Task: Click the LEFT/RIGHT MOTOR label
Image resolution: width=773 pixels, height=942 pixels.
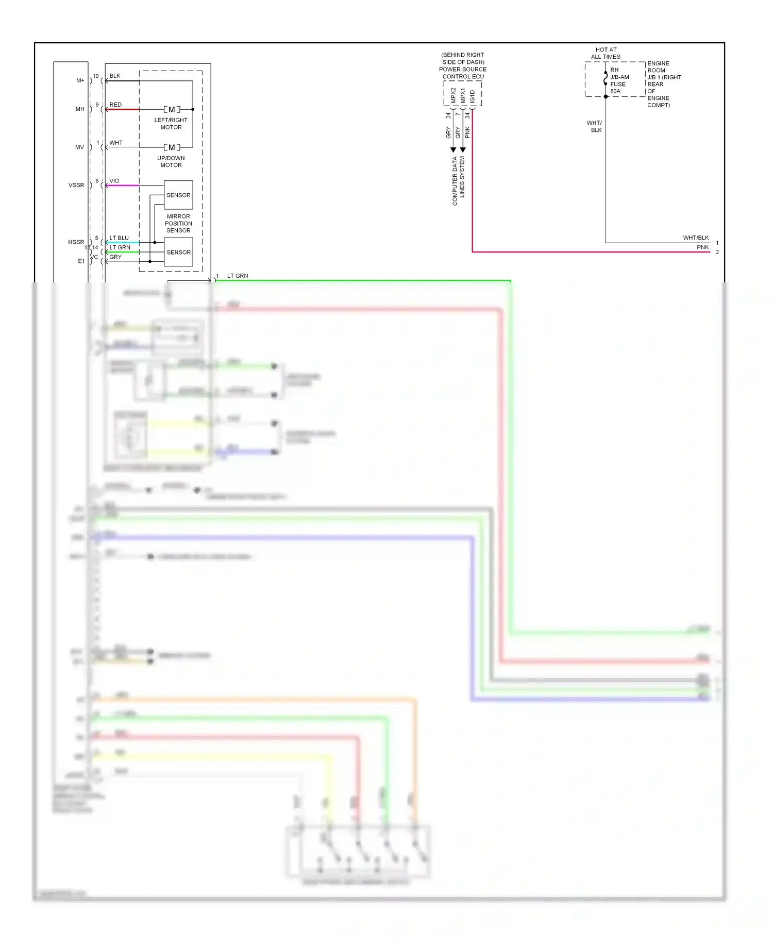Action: click(x=171, y=124)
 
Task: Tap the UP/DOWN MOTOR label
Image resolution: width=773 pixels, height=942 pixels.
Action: click(x=171, y=162)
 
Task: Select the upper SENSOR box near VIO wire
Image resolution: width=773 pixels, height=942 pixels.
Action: click(x=178, y=195)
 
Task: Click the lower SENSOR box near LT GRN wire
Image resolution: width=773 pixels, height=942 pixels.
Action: click(x=178, y=253)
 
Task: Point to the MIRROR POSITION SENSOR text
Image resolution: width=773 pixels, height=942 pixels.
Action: click(x=178, y=224)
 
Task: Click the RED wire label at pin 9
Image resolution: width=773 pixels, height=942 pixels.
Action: click(x=115, y=105)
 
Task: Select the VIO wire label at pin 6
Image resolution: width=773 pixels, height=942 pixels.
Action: click(x=114, y=181)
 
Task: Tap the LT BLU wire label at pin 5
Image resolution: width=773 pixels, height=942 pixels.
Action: click(x=119, y=238)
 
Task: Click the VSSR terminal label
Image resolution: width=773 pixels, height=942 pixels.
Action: click(x=76, y=186)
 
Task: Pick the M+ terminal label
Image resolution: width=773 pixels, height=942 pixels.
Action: click(x=80, y=80)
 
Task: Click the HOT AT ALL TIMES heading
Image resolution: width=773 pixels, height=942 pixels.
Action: click(x=606, y=54)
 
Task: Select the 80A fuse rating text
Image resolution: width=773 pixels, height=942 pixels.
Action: click(x=615, y=91)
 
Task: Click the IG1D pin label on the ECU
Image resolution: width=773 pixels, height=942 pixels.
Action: click(x=473, y=96)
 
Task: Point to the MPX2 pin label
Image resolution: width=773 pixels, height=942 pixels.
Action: click(x=453, y=95)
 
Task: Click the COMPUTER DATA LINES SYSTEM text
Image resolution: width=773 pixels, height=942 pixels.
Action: click(x=458, y=181)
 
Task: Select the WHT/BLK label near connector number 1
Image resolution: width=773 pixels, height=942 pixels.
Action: click(x=696, y=238)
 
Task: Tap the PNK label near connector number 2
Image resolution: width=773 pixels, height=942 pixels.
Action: click(x=702, y=247)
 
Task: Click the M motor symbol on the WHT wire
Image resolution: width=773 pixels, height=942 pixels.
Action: click(x=172, y=147)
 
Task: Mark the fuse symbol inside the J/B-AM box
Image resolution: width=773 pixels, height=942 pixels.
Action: click(x=606, y=78)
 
